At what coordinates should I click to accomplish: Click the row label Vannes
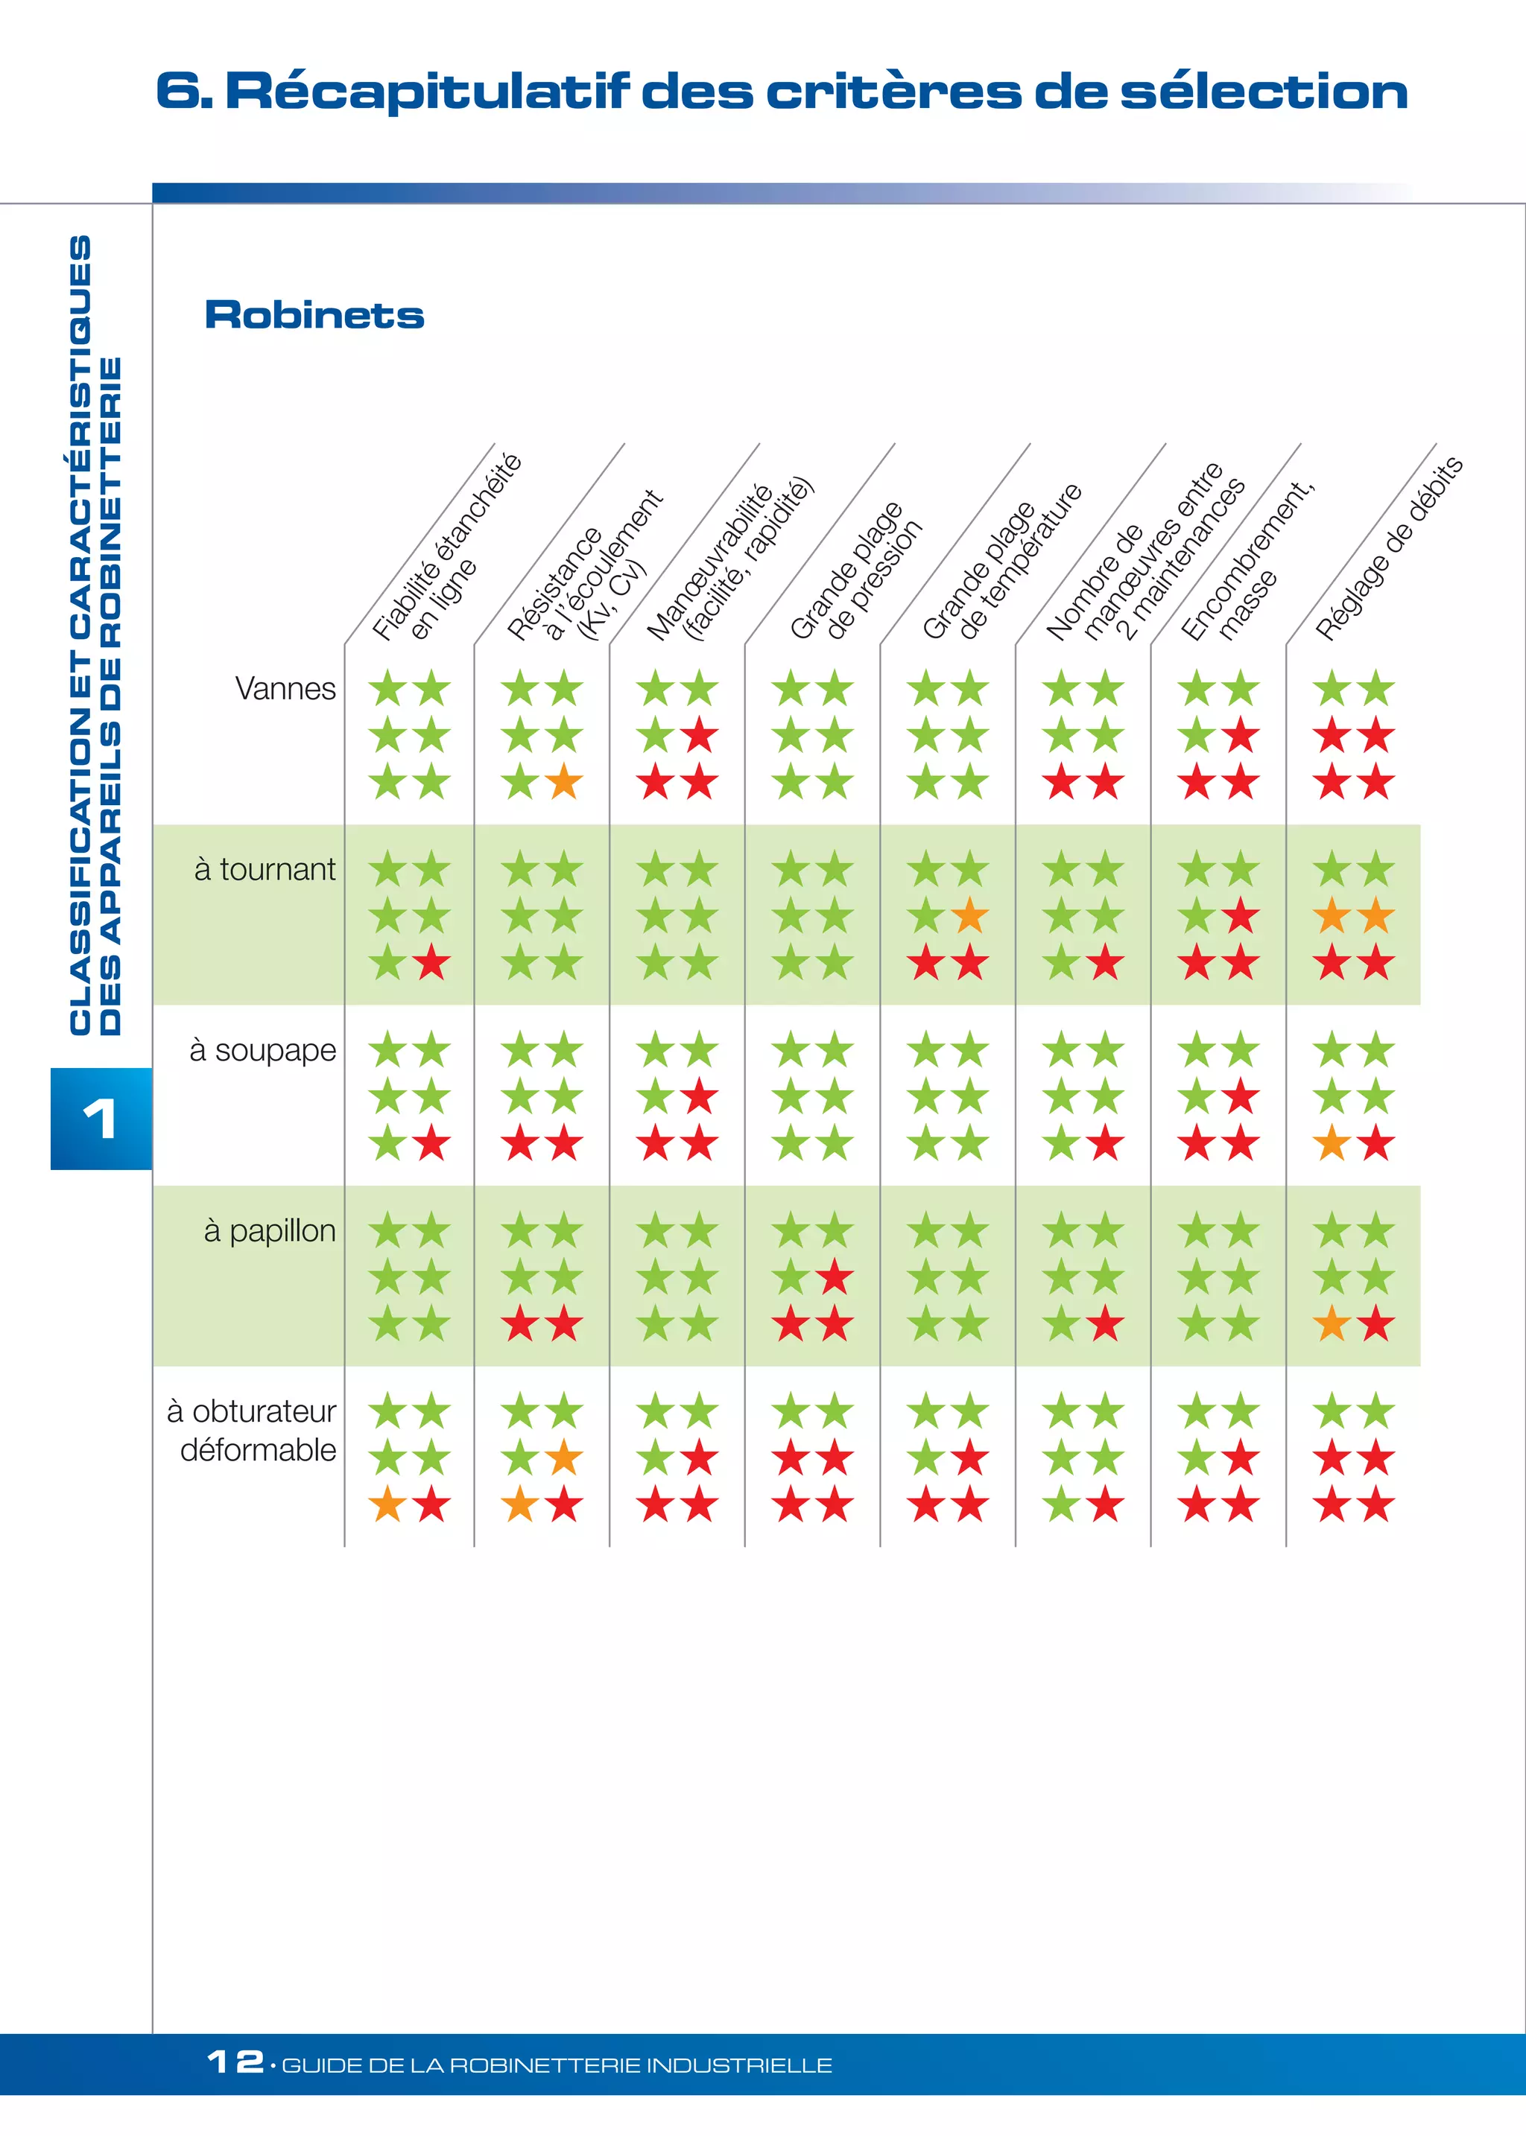(285, 688)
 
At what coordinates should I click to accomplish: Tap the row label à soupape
(262, 1050)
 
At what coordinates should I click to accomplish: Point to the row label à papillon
(269, 1230)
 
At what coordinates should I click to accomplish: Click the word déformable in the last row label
(258, 1449)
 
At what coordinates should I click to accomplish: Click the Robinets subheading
(314, 316)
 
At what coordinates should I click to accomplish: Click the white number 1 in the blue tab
(100, 1119)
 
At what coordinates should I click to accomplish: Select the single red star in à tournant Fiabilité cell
(431, 964)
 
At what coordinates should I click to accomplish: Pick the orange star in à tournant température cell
(969, 917)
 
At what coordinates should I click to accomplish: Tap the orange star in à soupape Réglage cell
(1332, 1144)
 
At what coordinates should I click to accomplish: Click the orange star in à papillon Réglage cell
(1332, 1324)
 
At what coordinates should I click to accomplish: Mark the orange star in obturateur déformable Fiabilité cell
(387, 1506)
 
